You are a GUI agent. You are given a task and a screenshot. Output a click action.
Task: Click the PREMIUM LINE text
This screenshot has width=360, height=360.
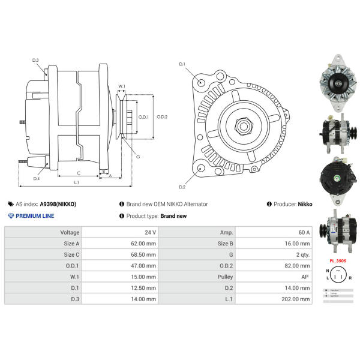coord(34,215)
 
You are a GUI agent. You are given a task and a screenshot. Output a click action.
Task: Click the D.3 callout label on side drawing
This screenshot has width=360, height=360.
coord(35,60)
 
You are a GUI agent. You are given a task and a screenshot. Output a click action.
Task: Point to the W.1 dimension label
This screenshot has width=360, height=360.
coord(122,86)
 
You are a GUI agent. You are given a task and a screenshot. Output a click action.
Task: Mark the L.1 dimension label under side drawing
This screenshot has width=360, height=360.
coord(77,182)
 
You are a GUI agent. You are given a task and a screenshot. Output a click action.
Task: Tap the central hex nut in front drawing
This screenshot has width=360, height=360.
coord(244,126)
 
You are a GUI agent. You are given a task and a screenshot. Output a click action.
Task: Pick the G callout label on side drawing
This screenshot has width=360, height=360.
coord(138,157)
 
